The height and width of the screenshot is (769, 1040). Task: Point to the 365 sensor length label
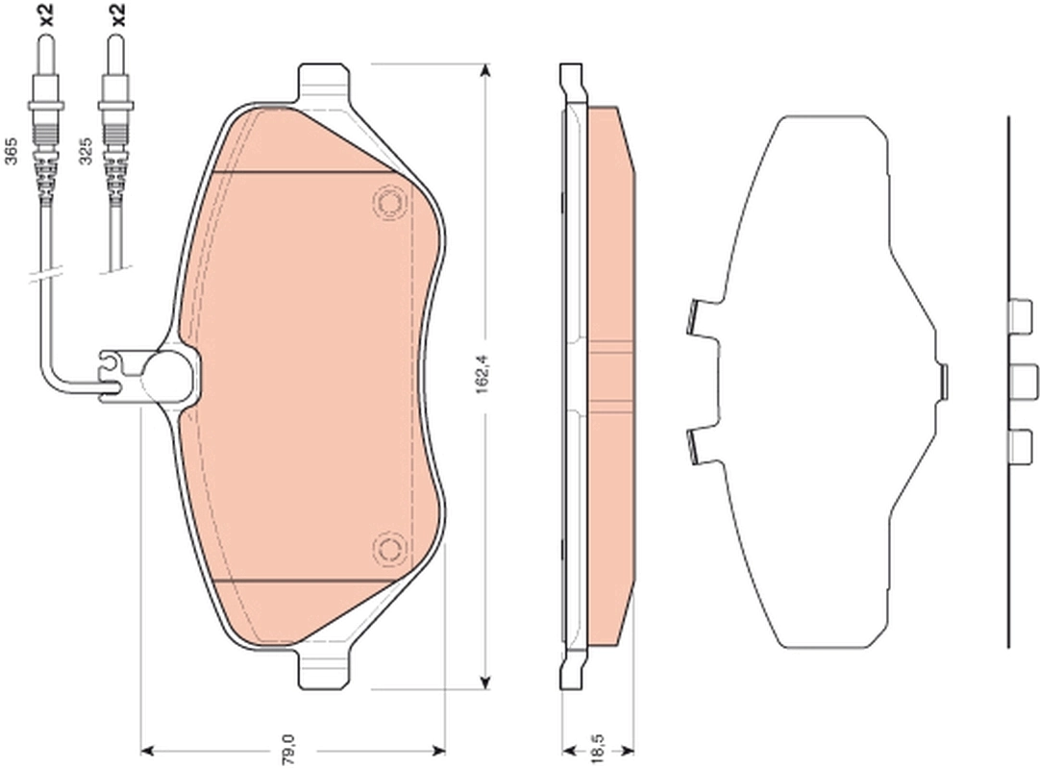[12, 152]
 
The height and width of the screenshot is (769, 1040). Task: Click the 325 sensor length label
[85, 152]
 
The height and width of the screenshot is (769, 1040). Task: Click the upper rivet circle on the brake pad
[388, 203]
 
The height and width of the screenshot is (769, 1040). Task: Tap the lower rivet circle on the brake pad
[388, 548]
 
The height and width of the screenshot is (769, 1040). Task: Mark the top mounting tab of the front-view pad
[324, 79]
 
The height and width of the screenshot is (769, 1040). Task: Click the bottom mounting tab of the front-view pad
[324, 671]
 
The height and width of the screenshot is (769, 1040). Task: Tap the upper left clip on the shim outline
[699, 319]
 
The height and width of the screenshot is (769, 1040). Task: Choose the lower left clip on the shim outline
[699, 446]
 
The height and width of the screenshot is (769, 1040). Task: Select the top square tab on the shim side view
[1019, 314]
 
